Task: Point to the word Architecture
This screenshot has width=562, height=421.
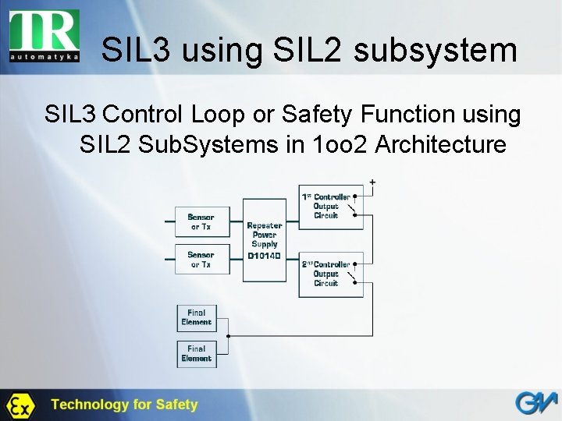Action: coord(441,144)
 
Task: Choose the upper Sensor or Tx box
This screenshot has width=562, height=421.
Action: coord(201,221)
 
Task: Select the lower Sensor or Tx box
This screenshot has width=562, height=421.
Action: coord(201,260)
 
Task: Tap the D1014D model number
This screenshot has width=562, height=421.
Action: coord(265,255)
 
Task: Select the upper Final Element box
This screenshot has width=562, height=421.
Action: coord(196,317)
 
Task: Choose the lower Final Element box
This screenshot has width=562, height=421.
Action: coord(196,353)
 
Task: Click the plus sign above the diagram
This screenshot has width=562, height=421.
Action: coord(372,182)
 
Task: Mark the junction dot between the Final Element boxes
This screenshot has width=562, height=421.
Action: coord(227,336)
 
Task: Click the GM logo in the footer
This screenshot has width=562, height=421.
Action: coord(535,404)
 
